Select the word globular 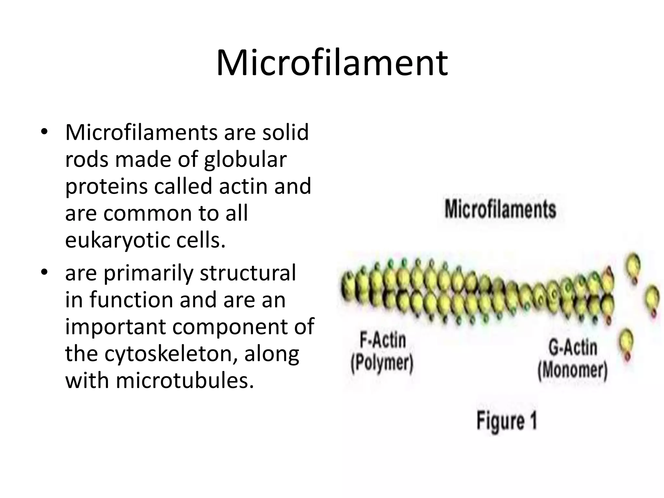pos(245,160)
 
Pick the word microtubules pos(185,380)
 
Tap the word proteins pos(107,187)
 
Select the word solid pos(285,133)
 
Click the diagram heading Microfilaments pos(500,209)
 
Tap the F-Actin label pos(383,340)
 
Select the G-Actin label pos(573,347)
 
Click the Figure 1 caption pos(507,421)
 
